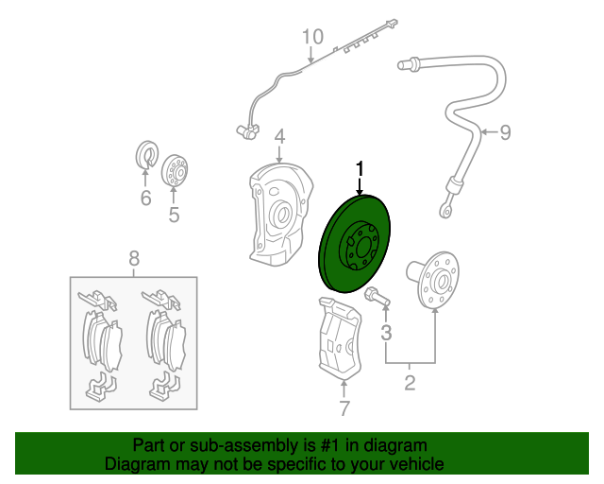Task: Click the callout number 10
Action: click(x=312, y=37)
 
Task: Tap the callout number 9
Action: click(x=506, y=132)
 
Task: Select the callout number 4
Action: click(x=279, y=137)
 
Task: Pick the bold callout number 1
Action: click(x=360, y=169)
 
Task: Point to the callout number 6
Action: click(x=145, y=198)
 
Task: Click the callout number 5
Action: click(x=174, y=215)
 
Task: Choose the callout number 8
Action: click(x=134, y=258)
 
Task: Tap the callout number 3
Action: click(x=386, y=333)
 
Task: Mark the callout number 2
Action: click(x=410, y=383)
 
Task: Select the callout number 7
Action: click(x=344, y=408)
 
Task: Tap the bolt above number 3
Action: click(x=377, y=297)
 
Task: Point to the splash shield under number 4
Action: click(x=280, y=215)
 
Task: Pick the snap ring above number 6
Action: click(x=147, y=155)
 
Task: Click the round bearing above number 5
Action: click(x=176, y=170)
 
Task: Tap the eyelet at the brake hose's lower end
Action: click(x=445, y=211)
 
